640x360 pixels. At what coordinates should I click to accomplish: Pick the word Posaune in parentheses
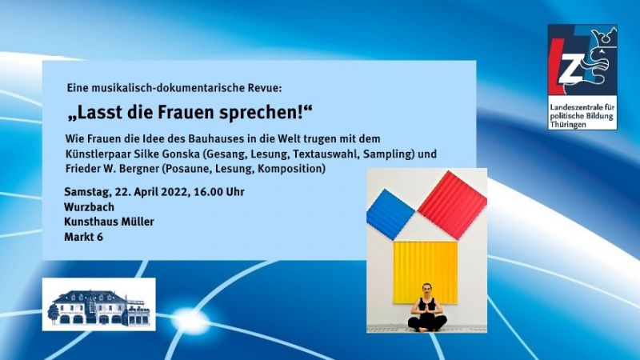pos(186,169)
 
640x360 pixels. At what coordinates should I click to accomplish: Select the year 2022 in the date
pos(174,192)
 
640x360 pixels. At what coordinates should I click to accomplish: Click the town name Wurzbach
pos(89,207)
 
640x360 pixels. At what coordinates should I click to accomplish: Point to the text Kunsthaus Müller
pos(109,222)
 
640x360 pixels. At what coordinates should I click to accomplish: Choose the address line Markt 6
pos(83,237)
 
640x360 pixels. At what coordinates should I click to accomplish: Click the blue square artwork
pos(390,214)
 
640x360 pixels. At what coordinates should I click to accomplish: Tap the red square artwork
pos(452,205)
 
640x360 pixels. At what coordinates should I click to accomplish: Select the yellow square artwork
pos(426,272)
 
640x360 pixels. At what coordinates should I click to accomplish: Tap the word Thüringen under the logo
pos(568,125)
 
